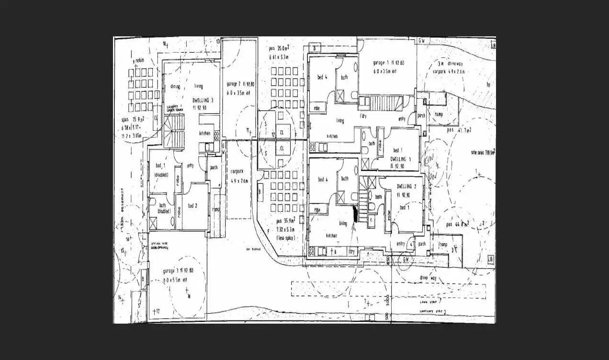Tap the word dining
tap(175, 87)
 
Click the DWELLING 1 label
tap(398, 158)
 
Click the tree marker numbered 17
tap(156, 312)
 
